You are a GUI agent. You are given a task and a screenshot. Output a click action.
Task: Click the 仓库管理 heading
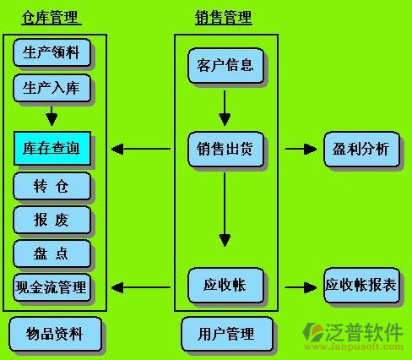coord(51,18)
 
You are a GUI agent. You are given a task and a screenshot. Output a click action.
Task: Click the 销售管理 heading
coord(224,18)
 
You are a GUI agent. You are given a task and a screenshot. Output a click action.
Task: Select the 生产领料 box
coord(52,52)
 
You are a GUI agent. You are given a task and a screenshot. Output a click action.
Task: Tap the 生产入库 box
coord(52,88)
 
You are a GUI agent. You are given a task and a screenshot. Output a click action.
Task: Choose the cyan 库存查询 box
coord(52,148)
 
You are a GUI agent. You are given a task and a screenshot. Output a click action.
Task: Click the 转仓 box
coord(52,186)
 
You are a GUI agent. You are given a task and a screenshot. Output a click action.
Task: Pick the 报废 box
coord(52,220)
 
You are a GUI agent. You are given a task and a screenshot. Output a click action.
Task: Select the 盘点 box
coord(52,254)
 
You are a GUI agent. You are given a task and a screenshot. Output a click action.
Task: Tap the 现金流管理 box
coord(52,287)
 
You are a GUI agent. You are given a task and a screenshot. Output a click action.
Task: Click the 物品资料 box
coord(55,334)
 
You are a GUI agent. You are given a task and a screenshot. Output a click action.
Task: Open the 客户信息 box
coord(225,65)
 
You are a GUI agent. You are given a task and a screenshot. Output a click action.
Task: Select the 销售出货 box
coord(225,149)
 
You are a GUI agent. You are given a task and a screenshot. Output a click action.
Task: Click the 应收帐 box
coord(225,285)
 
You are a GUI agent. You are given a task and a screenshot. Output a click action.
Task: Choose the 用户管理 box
coord(227,334)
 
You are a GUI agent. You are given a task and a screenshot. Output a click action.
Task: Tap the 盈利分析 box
coord(361,149)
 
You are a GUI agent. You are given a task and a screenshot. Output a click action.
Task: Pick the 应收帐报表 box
coord(361,285)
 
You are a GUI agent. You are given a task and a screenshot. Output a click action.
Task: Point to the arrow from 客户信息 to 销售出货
coord(225,108)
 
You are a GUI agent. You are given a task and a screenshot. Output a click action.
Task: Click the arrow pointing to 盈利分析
coord(301,149)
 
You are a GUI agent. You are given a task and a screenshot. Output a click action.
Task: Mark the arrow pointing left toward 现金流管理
coord(141,287)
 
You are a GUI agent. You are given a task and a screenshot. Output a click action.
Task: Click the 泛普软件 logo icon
coord(313,333)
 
